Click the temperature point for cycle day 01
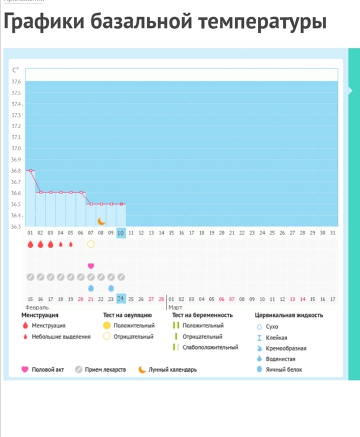coord(31,171)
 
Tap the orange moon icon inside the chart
coord(101,221)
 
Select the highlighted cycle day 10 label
coord(121,233)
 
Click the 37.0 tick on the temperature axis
coord(16,148)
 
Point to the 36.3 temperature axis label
coord(16,226)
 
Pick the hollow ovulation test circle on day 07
coord(91,245)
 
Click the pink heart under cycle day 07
coord(91,266)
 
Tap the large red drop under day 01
coord(31,245)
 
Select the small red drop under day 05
coord(71,245)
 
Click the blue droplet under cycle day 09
coord(111,288)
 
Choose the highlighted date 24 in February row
coord(121,299)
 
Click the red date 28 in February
coord(161,299)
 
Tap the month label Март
coord(175,308)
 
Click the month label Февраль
coord(37,308)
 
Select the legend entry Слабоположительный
coord(210,347)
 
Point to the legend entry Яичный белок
coord(283,369)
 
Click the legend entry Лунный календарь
coord(172,369)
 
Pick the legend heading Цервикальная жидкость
coord(289,315)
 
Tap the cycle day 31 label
coord(333,233)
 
